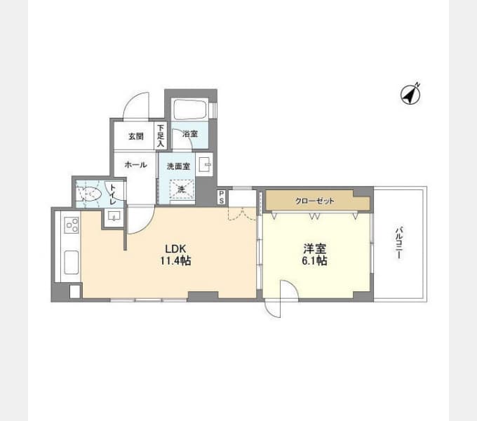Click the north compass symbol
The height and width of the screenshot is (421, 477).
click(x=410, y=94)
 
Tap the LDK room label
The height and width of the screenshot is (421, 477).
click(x=175, y=249)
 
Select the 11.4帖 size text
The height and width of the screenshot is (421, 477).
click(x=175, y=261)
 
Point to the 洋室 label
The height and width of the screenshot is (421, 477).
click(x=314, y=249)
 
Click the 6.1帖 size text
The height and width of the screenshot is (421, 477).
click(x=314, y=261)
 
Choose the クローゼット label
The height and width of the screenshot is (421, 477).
click(x=315, y=201)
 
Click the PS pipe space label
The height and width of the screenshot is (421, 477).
click(x=222, y=197)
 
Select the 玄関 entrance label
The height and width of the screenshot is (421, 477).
click(x=135, y=136)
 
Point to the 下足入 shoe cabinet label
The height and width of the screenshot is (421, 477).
click(x=161, y=135)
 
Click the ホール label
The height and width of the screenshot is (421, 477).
click(x=135, y=165)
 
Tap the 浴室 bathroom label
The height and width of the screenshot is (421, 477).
click(x=190, y=133)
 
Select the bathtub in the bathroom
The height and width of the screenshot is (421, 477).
click(x=190, y=109)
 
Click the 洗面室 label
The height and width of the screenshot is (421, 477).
click(x=179, y=166)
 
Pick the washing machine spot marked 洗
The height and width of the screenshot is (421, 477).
click(x=182, y=189)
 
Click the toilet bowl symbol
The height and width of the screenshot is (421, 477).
click(x=88, y=194)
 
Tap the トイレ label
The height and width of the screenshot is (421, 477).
click(x=112, y=194)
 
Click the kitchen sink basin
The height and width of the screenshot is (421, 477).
click(x=72, y=262)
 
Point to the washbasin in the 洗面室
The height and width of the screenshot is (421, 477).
click(x=205, y=165)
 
